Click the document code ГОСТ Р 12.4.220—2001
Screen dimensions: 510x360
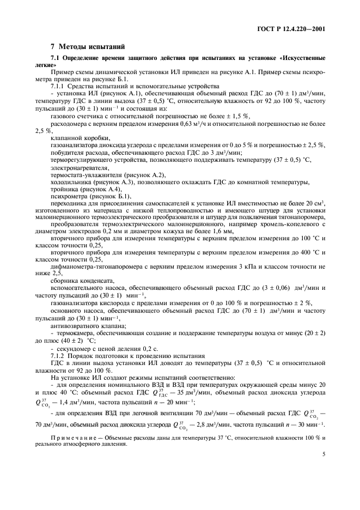295,29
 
